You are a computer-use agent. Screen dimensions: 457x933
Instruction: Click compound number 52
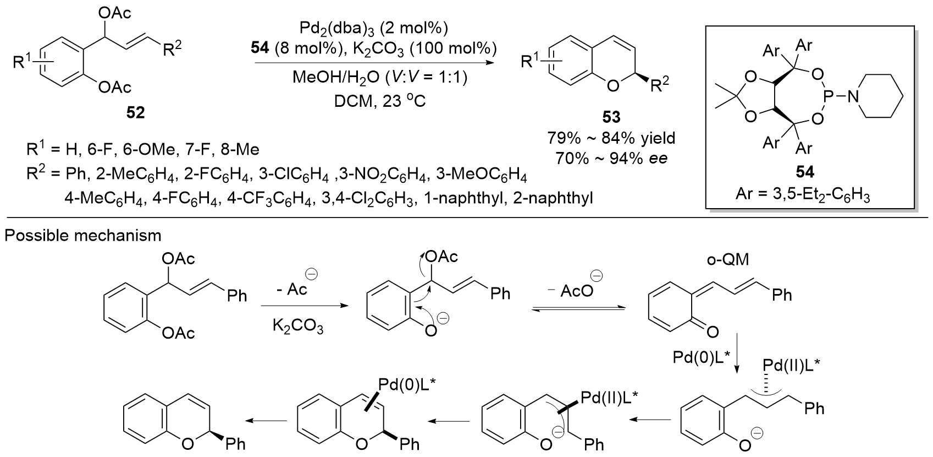pyautogui.click(x=135, y=112)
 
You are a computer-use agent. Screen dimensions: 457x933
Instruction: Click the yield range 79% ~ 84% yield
pyautogui.click(x=612, y=138)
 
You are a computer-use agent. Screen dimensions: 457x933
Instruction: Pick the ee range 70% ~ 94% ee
pyautogui.click(x=612, y=158)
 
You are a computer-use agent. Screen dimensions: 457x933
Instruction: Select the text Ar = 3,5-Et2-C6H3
pyautogui.click(x=805, y=195)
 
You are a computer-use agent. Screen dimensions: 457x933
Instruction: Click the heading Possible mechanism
pyautogui.click(x=82, y=235)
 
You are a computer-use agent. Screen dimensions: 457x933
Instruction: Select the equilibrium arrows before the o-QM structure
pyautogui.click(x=579, y=309)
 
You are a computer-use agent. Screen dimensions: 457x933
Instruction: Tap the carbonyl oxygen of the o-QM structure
pyautogui.click(x=713, y=331)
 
